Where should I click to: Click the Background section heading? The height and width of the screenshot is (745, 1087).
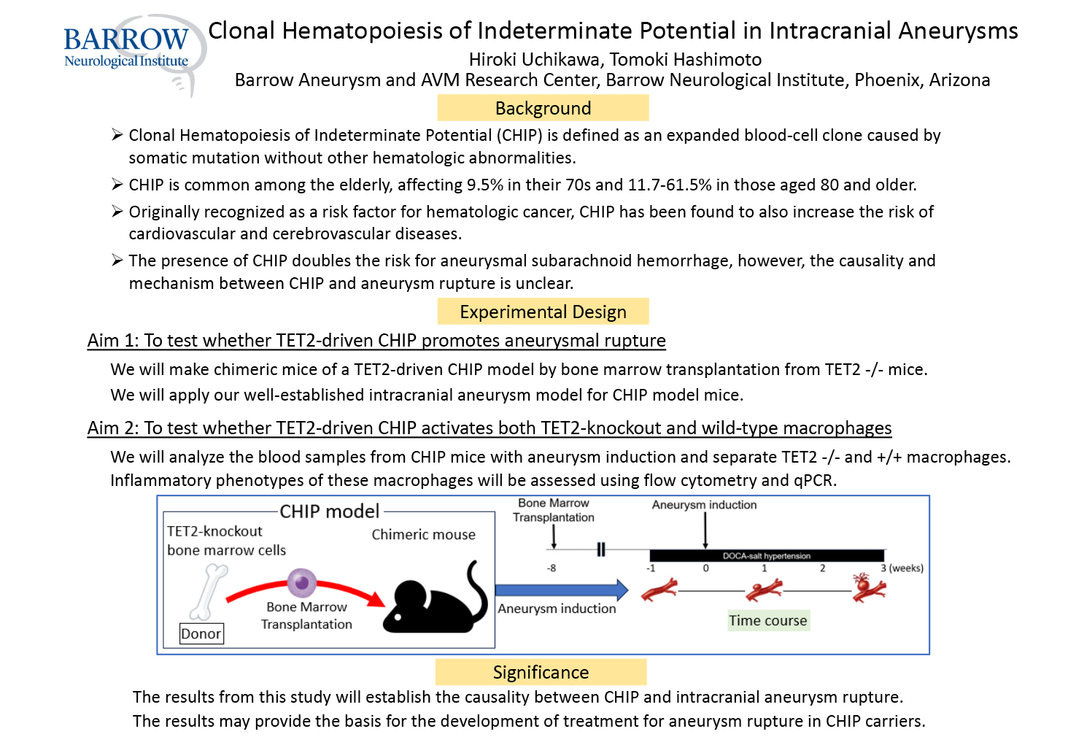[543, 108]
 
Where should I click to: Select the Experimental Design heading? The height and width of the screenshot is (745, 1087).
[543, 311]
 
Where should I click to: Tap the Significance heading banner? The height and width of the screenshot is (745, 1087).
[541, 672]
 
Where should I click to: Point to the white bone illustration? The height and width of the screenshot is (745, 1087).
[209, 592]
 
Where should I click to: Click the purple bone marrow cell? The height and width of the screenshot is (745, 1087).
[302, 582]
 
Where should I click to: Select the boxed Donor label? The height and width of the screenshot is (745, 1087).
[201, 633]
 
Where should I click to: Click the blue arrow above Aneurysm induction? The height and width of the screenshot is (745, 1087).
[562, 590]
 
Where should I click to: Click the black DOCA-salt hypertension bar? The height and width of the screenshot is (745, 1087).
[767, 556]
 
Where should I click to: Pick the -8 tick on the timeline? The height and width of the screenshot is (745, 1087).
[552, 568]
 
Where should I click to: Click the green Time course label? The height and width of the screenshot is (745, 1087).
[768, 620]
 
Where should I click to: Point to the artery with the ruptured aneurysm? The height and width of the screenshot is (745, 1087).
[869, 587]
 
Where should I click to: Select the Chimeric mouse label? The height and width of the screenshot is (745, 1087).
[424, 534]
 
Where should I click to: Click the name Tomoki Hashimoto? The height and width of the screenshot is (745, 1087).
[686, 59]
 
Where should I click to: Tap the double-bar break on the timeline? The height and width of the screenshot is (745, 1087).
[600, 549]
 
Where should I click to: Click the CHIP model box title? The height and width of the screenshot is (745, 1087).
[330, 511]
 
